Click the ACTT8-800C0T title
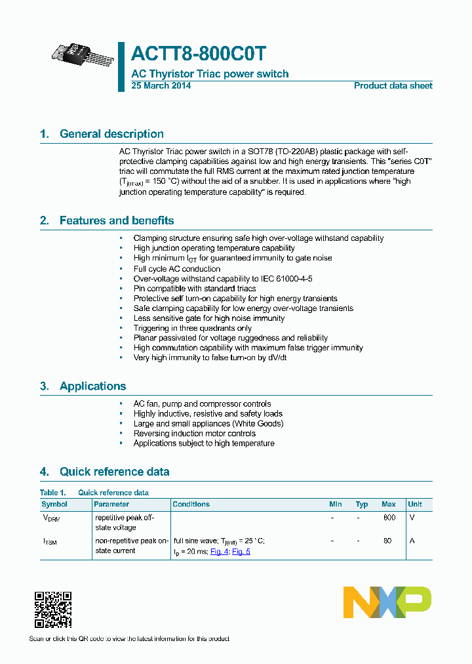coord(199,54)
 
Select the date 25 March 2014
coord(161,85)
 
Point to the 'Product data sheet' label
coord(393,85)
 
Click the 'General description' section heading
coord(111,134)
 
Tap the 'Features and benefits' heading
coord(117,220)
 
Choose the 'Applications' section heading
coord(92,386)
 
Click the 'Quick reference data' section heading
coord(114,471)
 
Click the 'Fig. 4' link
coord(219,552)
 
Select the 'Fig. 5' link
coord(241,552)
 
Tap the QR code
coord(52,610)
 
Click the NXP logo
coord(387,602)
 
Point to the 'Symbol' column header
coord(54,504)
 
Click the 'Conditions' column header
coord(191,504)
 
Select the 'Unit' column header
coord(415,504)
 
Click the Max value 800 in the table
coord(389,518)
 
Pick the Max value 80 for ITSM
coord(387,541)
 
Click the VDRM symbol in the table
coord(50,518)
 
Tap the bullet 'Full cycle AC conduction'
coord(177,268)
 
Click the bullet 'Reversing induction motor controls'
coord(195,433)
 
